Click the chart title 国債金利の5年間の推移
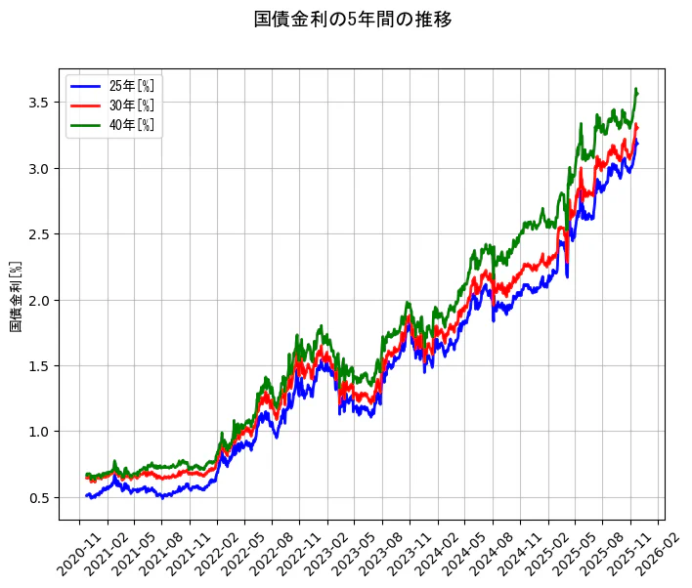pyautogui.click(x=353, y=20)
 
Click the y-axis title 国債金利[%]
pyautogui.click(x=16, y=296)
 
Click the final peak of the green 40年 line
pyautogui.click(x=636, y=90)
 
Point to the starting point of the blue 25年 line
pyautogui.click(x=86, y=496)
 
